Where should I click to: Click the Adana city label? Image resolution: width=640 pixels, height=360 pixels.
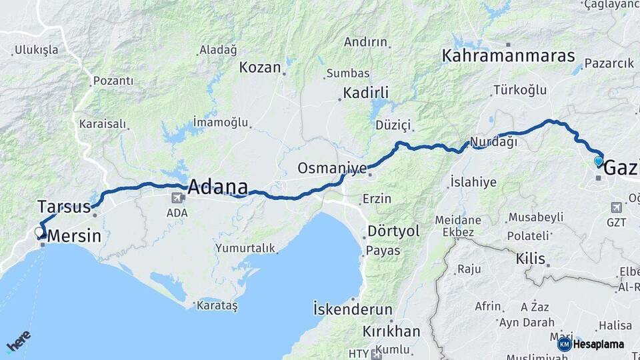point(217,187)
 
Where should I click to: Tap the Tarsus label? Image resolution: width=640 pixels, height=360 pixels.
point(64,206)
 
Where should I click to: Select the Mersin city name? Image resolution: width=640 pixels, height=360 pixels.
point(75,236)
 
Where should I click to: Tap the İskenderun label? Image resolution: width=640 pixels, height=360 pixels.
point(353,309)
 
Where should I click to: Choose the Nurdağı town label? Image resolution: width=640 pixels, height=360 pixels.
point(493,142)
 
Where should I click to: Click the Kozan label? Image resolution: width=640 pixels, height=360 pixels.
point(259,67)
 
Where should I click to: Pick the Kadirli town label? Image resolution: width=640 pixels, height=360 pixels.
point(366,93)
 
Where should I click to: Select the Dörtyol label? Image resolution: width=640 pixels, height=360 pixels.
point(393,231)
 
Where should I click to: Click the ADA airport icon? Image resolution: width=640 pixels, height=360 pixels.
point(177,198)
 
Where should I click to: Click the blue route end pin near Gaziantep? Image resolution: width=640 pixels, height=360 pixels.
point(598,161)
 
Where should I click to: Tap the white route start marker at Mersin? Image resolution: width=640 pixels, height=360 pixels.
point(39,233)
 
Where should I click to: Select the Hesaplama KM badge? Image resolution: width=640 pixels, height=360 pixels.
point(564,344)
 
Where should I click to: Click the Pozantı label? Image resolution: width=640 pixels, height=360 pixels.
point(113,81)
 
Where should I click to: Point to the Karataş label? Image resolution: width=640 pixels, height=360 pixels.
point(218,305)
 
